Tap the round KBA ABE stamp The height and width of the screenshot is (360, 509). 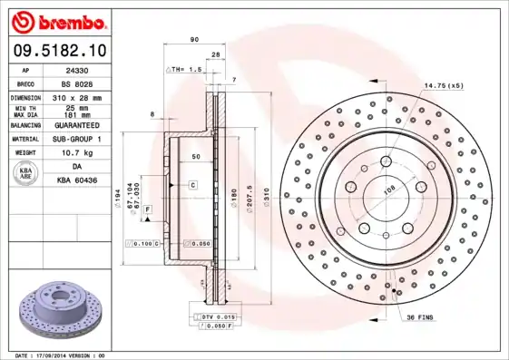point(26,174)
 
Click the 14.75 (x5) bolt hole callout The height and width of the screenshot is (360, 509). point(444,85)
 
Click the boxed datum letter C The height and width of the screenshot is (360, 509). point(193,184)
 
